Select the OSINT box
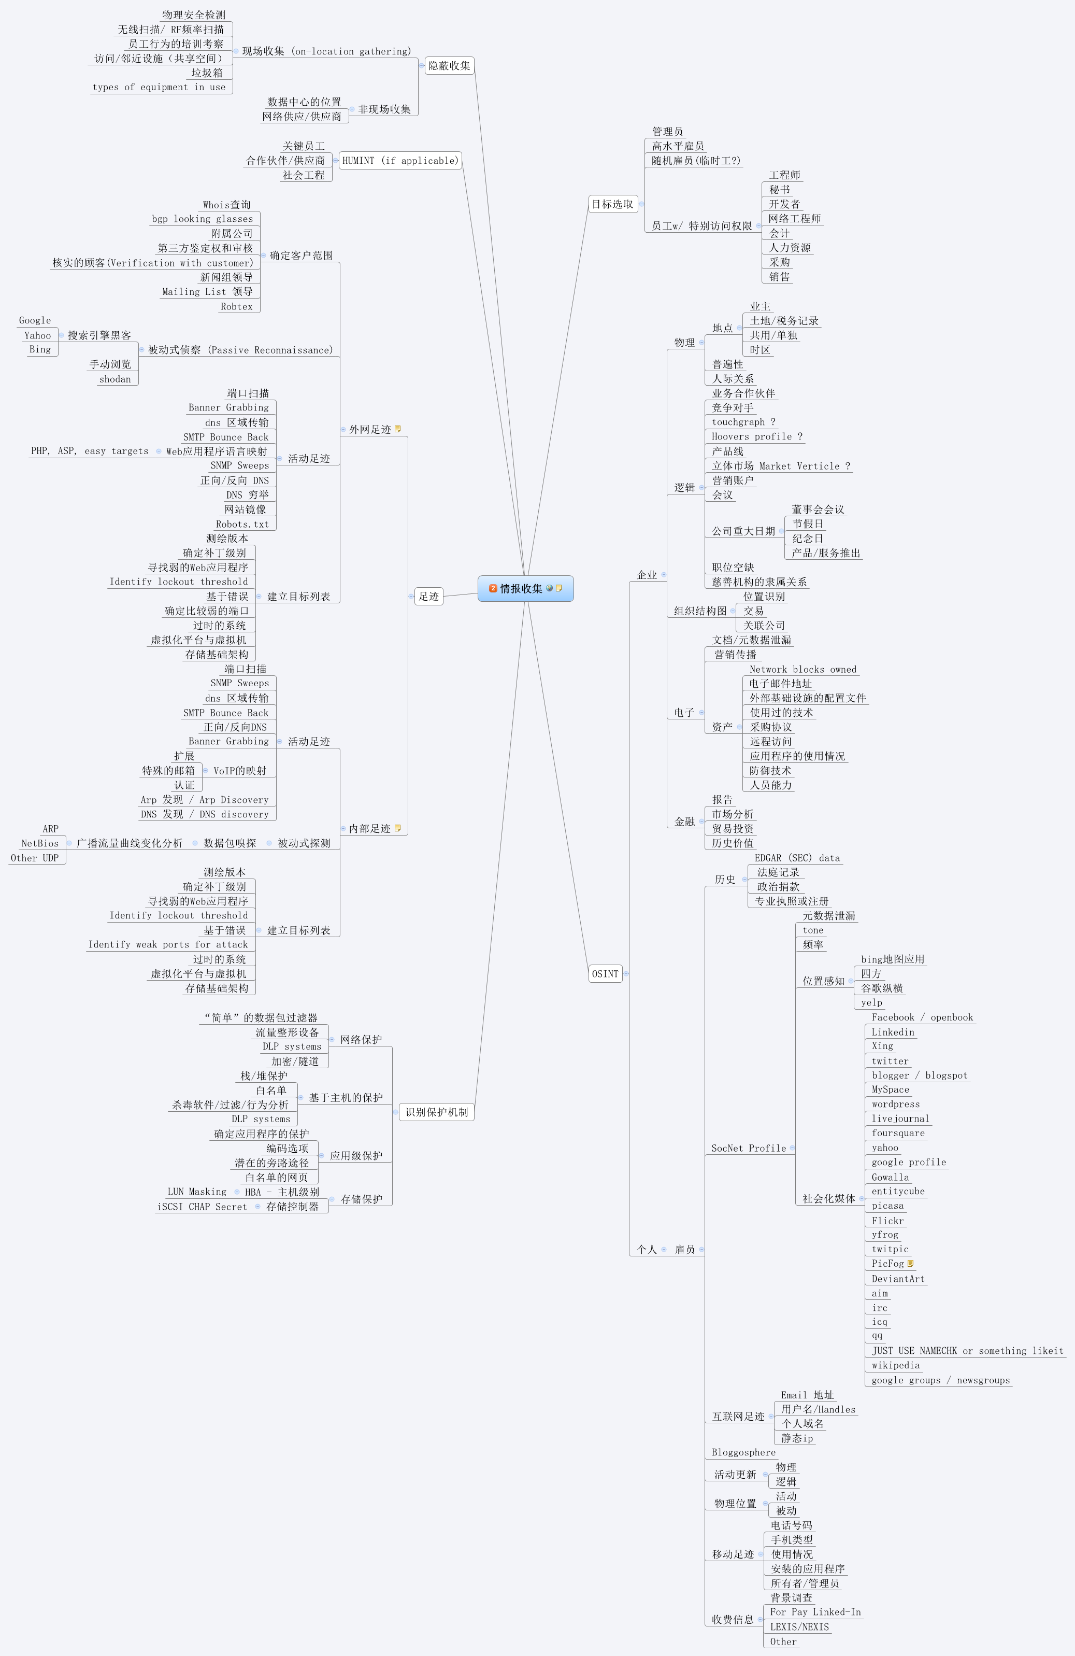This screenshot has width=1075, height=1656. click(x=605, y=973)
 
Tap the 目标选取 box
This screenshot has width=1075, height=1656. click(x=612, y=204)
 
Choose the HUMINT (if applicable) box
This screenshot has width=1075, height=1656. click(x=400, y=161)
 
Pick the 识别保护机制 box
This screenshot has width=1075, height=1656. click(x=437, y=1112)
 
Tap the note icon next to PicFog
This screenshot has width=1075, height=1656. click(x=911, y=1264)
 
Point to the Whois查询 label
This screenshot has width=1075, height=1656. click(x=227, y=205)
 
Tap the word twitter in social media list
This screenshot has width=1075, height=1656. click(x=890, y=1061)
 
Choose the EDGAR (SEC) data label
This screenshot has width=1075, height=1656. click(x=797, y=858)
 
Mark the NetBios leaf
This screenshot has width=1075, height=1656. click(x=40, y=843)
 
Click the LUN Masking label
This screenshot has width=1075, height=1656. click(x=197, y=1192)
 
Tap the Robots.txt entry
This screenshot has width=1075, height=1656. click(x=242, y=524)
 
